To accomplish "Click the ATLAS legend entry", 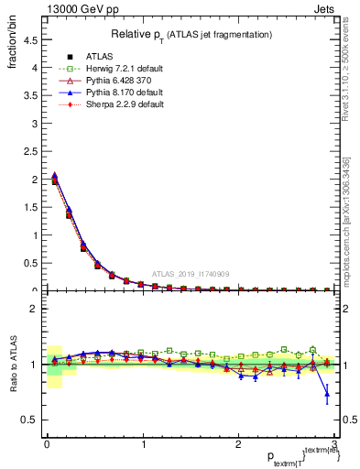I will pos(90,57).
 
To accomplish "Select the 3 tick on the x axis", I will pos(335,444).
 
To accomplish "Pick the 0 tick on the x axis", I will pos(48,444).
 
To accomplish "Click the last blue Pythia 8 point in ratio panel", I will pos(327,395).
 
